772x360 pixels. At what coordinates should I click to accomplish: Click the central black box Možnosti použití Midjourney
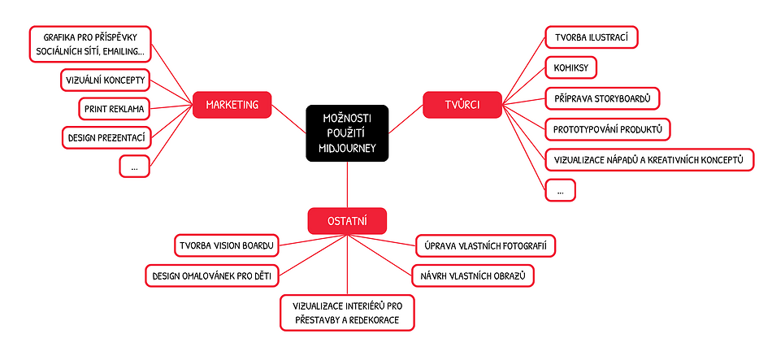point(347,132)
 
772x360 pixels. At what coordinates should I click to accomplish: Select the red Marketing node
point(232,104)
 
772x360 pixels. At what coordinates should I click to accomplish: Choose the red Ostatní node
point(347,221)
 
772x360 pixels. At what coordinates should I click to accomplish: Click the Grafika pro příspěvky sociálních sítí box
point(90,46)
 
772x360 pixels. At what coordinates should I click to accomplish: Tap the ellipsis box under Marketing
point(134,166)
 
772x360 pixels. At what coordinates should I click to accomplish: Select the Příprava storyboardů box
point(601,98)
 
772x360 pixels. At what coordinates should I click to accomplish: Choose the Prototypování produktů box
point(608,129)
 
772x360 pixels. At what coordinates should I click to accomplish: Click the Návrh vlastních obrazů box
point(473,276)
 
